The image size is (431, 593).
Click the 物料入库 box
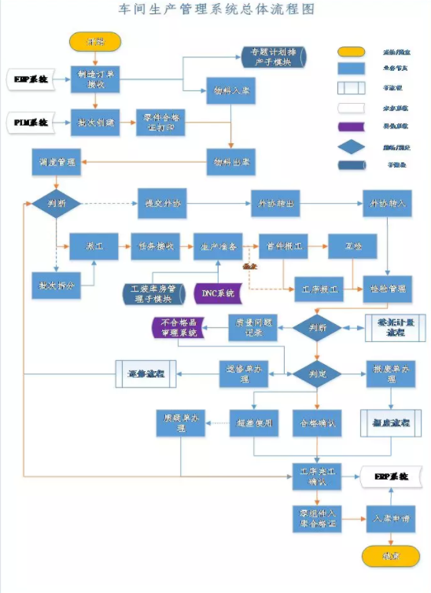pos(230,90)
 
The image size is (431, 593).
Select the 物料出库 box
pos(230,162)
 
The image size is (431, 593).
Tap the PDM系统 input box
pos(30,122)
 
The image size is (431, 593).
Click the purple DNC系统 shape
pos(216,293)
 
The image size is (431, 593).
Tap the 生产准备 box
pos(217,246)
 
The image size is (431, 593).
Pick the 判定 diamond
pos(316,373)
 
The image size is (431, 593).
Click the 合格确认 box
pos(316,422)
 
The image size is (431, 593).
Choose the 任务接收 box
pos(156,246)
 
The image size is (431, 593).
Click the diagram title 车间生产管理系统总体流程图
pos(215,9)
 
